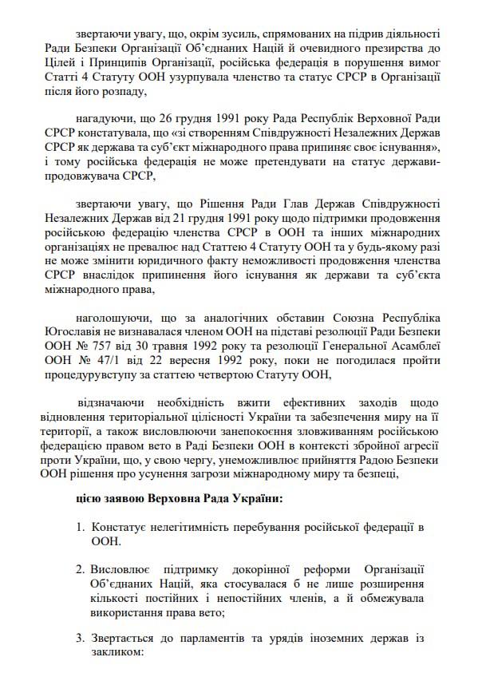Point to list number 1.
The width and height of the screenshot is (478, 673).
tap(80, 529)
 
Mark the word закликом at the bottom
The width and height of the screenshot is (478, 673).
tap(116, 652)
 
